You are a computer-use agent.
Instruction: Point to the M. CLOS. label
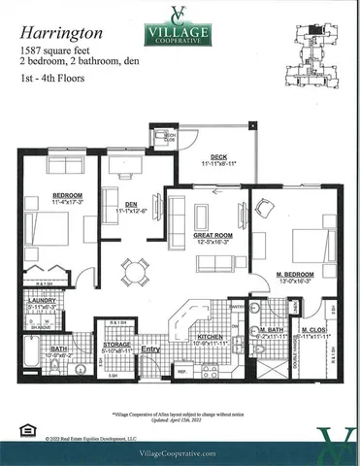point(313,330)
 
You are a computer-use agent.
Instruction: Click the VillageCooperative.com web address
point(180,451)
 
